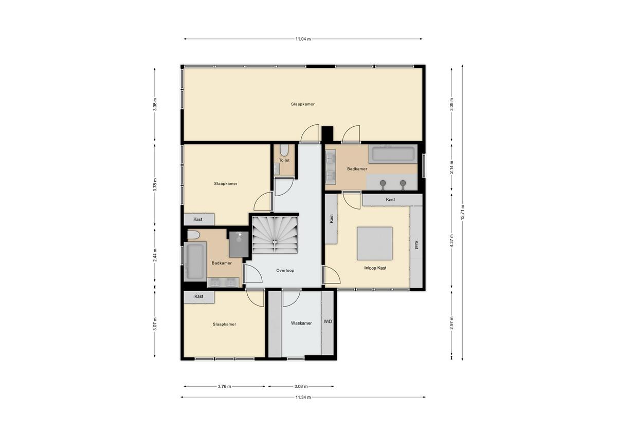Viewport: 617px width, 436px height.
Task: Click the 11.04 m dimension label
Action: point(303,39)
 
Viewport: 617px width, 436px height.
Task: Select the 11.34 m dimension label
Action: point(303,397)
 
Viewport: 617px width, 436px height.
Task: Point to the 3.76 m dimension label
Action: point(225,387)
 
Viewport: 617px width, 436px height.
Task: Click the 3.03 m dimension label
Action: point(301,387)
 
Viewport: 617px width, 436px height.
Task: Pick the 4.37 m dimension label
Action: point(451,240)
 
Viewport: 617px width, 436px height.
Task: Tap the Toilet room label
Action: point(284,160)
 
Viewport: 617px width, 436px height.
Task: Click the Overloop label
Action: point(285,271)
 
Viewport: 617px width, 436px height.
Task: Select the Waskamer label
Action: point(301,323)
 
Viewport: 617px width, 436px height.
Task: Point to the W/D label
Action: point(328,321)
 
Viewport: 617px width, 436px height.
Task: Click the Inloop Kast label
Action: point(375,268)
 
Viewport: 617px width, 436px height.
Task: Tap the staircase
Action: point(275,235)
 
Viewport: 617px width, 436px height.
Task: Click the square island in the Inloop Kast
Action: point(375,243)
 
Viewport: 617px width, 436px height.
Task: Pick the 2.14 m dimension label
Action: point(451,167)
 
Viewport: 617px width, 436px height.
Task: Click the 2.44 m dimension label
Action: point(155,255)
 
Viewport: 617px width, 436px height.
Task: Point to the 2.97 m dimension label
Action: point(451,323)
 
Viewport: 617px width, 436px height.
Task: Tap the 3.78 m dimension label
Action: point(155,185)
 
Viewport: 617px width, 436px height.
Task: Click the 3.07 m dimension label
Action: point(155,324)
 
